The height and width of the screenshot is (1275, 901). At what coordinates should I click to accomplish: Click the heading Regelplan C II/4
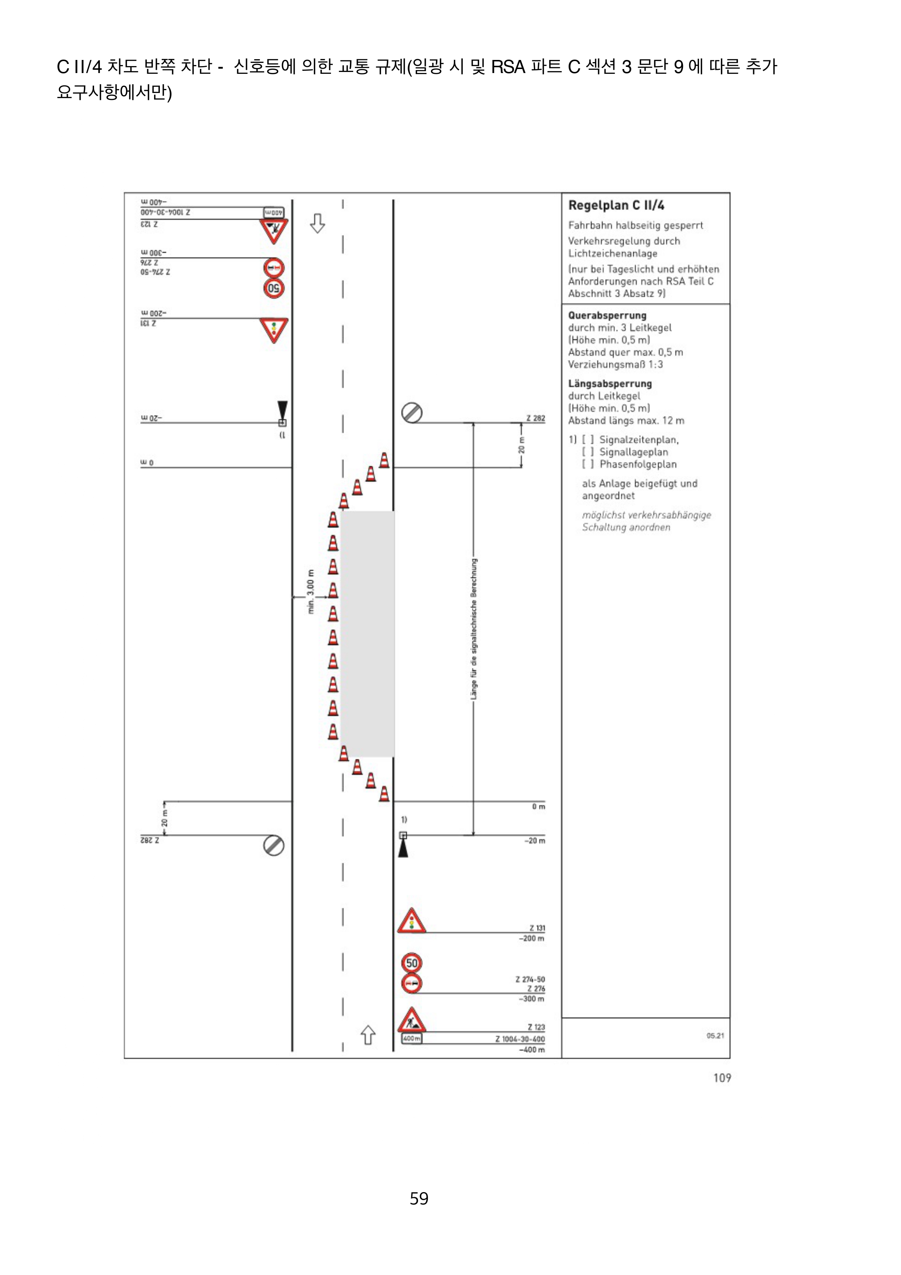point(616,205)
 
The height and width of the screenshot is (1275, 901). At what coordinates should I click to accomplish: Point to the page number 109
point(722,1077)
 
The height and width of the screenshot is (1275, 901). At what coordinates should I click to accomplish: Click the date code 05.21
point(715,1035)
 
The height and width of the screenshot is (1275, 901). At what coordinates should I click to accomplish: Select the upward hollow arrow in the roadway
point(368,1034)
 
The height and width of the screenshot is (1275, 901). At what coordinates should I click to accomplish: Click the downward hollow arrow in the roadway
point(317,223)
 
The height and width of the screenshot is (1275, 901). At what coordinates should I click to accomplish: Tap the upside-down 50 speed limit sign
point(274,288)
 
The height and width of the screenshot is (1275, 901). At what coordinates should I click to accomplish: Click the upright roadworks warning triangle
point(411,1020)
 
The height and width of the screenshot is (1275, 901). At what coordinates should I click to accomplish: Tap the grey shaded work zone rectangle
point(368,633)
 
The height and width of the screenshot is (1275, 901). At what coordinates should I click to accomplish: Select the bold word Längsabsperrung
point(610,384)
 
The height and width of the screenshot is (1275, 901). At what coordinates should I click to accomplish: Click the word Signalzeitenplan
point(638,440)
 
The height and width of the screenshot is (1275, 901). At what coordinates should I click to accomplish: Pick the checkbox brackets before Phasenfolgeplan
point(587,464)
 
